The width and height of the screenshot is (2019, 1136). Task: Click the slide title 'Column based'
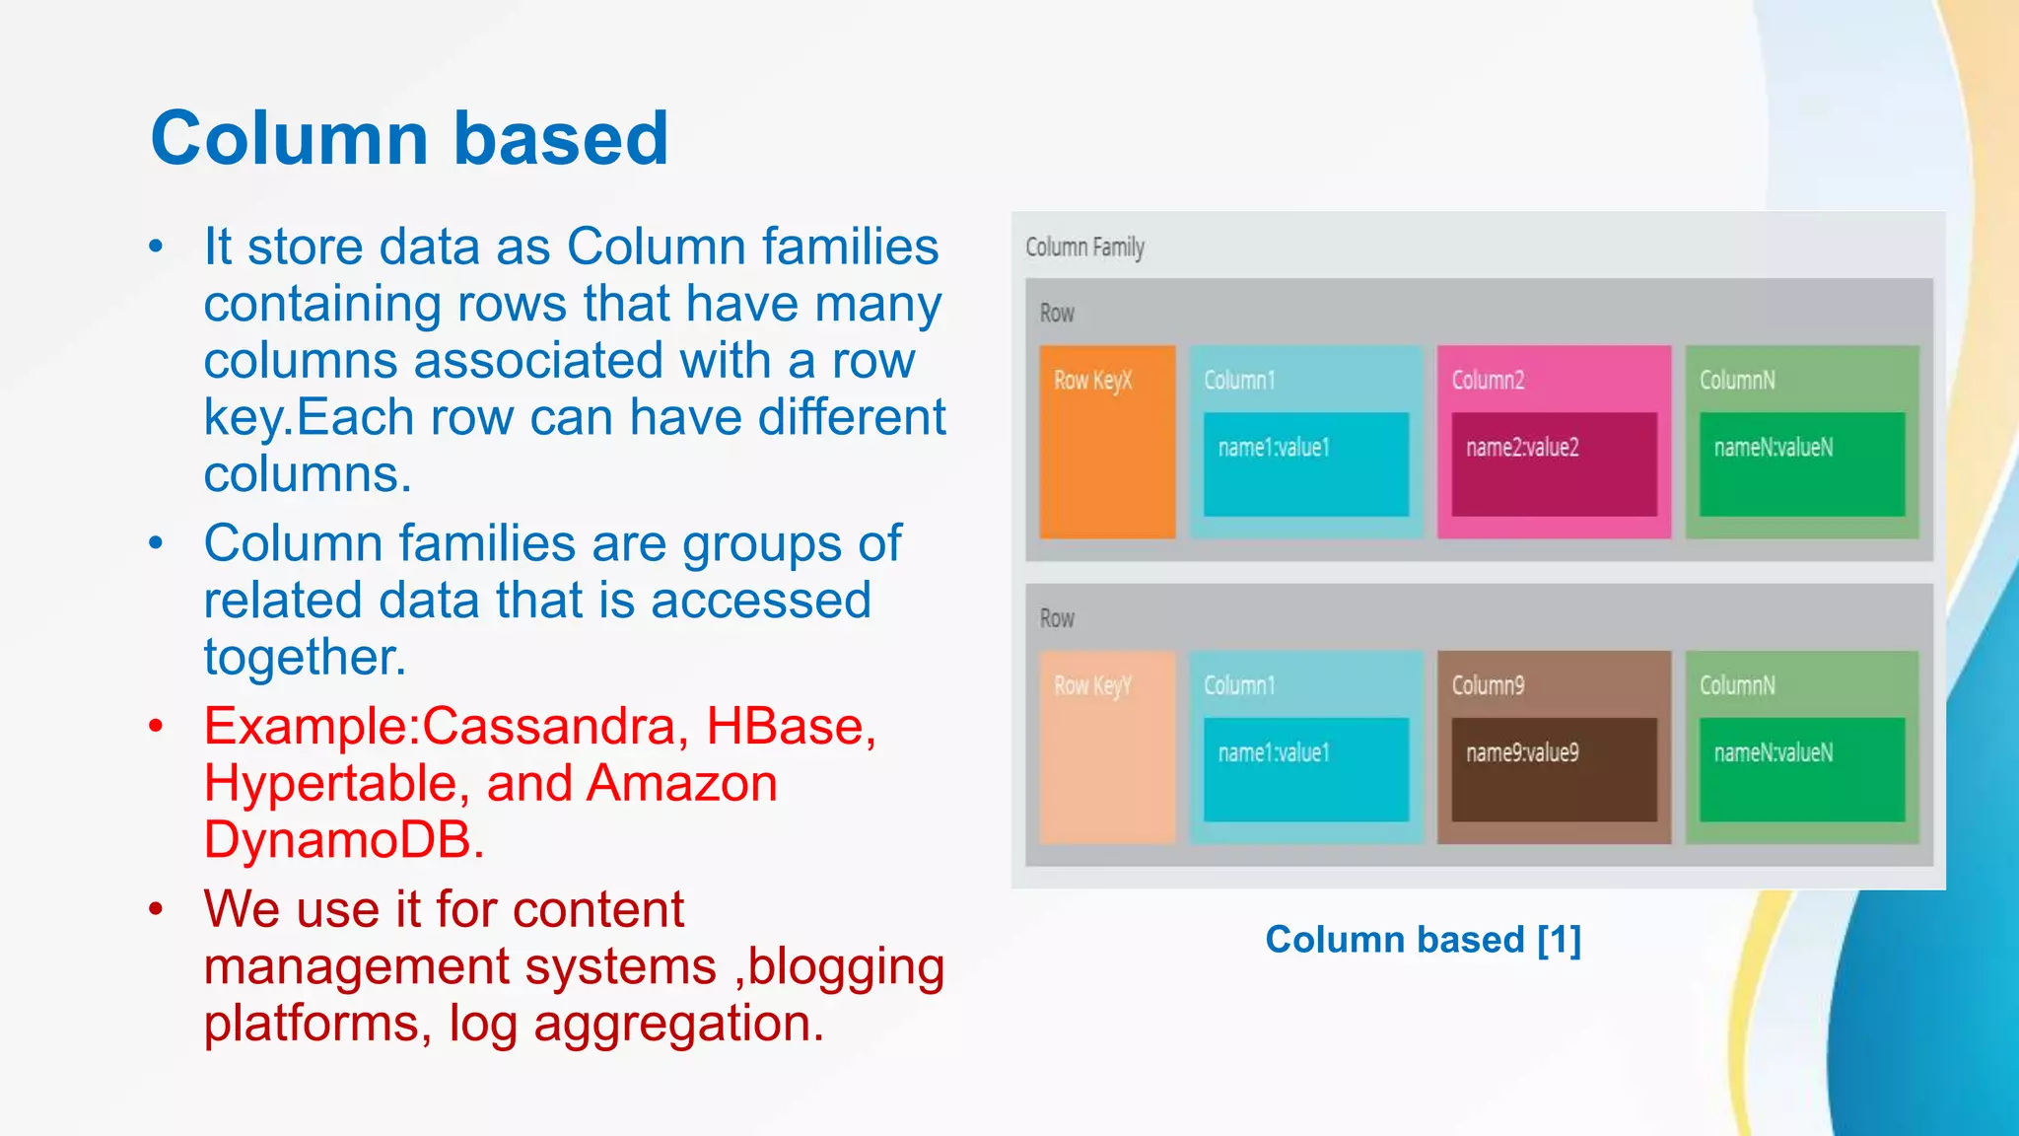tap(409, 138)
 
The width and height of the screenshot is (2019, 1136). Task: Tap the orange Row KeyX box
tap(1107, 441)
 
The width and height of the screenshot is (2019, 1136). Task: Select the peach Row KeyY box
tap(1107, 746)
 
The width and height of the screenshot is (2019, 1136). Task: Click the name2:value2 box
tap(1554, 463)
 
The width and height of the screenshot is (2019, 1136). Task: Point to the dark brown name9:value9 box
tap(1554, 769)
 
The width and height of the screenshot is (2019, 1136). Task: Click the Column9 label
tap(1488, 685)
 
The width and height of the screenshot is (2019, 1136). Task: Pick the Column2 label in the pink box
tap(1488, 380)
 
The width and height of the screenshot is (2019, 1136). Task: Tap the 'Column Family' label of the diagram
tap(1084, 247)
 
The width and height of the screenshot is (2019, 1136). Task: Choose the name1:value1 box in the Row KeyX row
tap(1305, 463)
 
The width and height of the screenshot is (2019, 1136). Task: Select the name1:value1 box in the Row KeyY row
tap(1305, 769)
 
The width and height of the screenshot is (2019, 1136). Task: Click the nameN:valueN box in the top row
tap(1801, 463)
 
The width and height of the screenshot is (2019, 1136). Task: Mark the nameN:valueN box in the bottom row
tap(1801, 769)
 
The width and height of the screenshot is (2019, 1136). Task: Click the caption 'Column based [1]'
tap(1423, 940)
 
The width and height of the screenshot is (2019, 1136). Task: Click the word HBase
tap(791, 727)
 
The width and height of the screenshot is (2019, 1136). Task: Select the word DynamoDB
tap(344, 840)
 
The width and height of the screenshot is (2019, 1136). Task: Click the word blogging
tap(846, 966)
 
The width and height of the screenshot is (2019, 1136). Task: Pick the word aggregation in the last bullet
tap(678, 1024)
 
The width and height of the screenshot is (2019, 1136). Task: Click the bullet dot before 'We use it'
tap(156, 909)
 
